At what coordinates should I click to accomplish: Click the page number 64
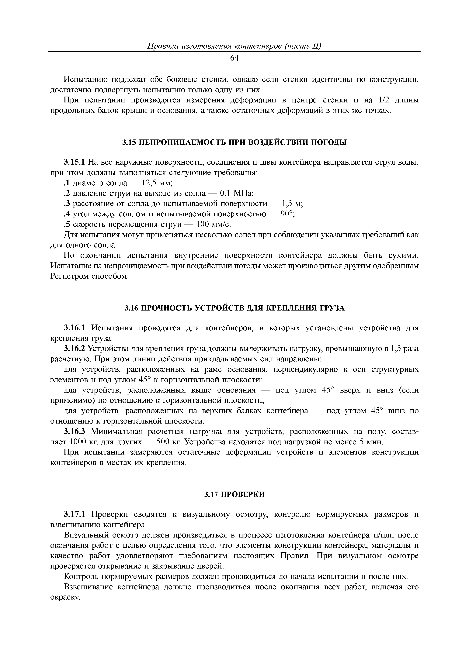pyautogui.click(x=234, y=59)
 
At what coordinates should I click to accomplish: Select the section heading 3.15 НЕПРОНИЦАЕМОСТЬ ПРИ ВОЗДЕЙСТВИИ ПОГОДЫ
pyautogui.click(x=234, y=142)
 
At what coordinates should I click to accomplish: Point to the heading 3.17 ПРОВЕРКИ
pyautogui.click(x=234, y=495)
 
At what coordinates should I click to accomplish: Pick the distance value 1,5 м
pyautogui.click(x=292, y=204)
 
